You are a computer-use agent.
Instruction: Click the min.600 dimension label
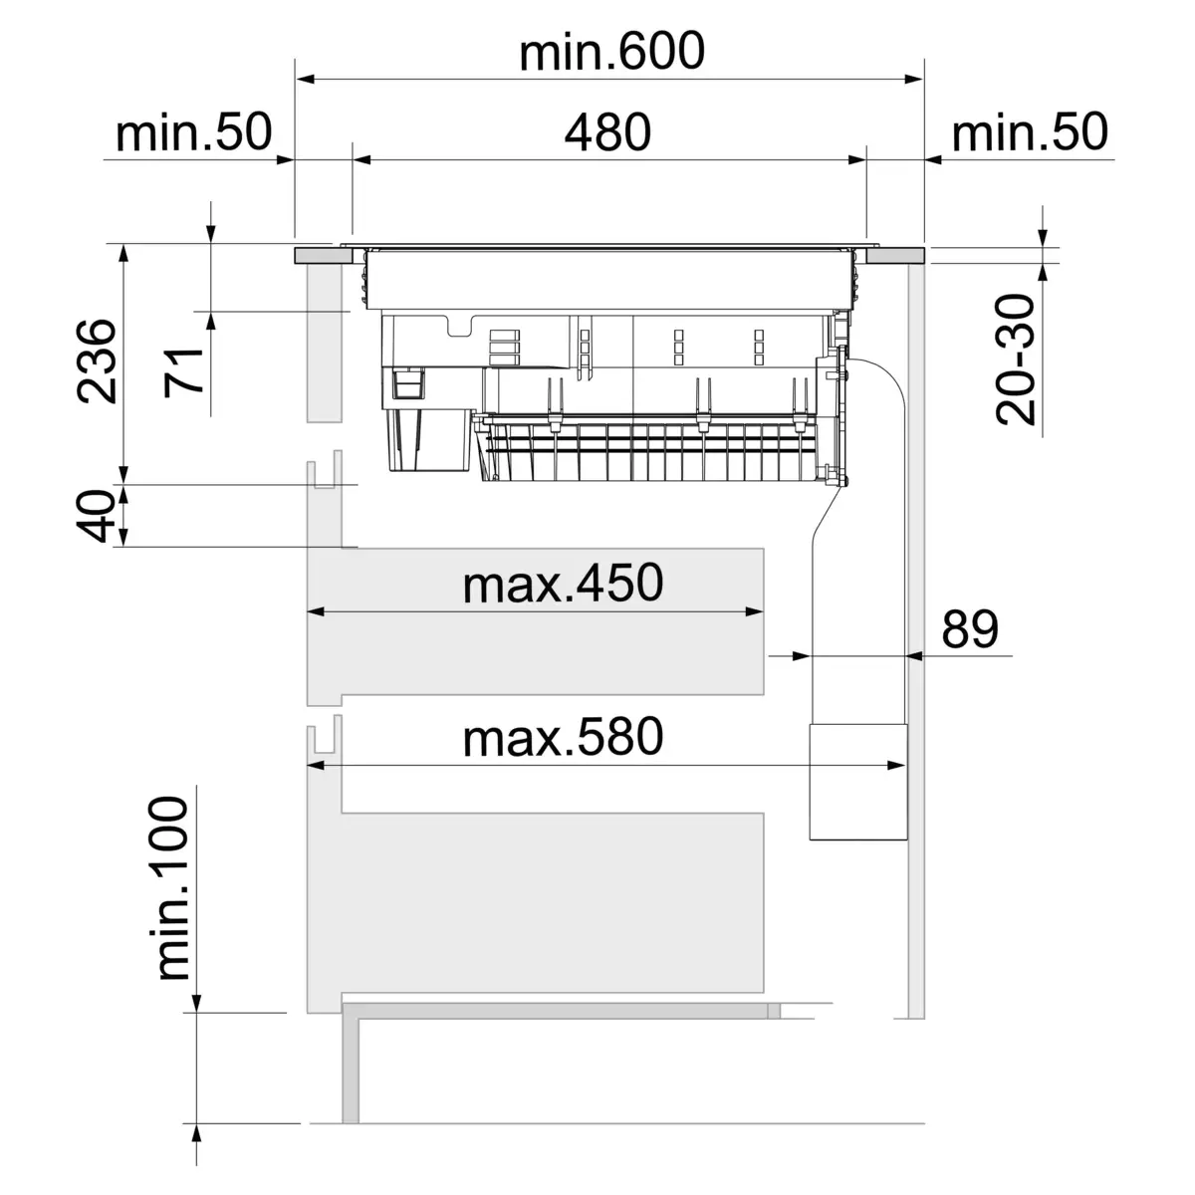tap(610, 52)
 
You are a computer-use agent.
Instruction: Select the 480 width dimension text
tap(607, 132)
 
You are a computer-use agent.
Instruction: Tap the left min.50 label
tap(193, 132)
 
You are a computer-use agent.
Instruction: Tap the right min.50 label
tap(1030, 132)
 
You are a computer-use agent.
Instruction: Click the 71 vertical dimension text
tap(185, 370)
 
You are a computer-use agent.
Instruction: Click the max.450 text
tap(563, 585)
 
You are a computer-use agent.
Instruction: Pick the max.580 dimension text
tap(563, 738)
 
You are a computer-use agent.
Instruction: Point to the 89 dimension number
tap(969, 628)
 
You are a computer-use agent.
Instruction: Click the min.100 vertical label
tap(171, 888)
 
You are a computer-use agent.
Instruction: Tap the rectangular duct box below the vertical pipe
tap(857, 783)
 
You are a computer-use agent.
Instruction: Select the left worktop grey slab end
tap(323, 256)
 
